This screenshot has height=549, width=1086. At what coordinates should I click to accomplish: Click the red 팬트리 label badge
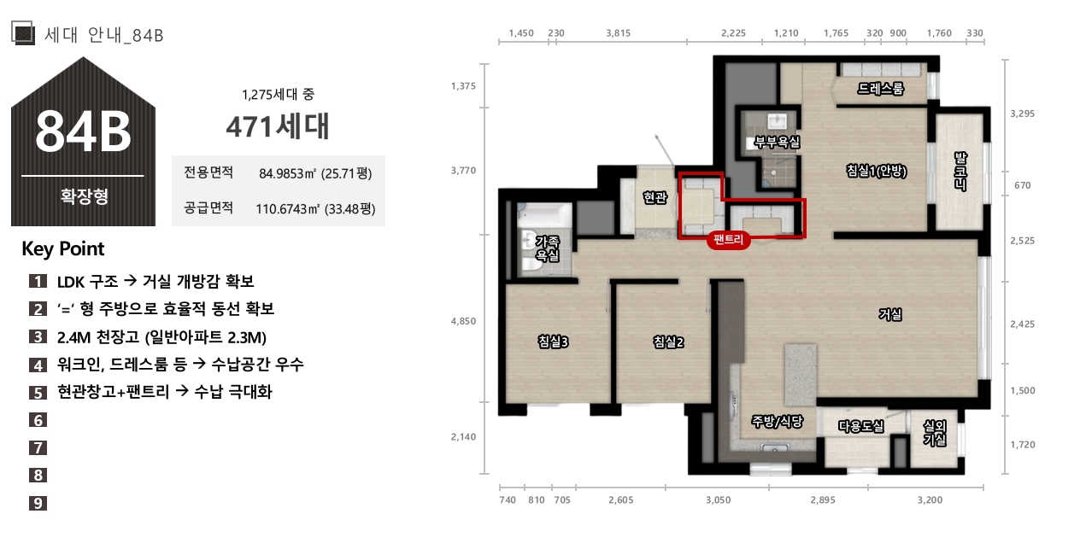(x=728, y=240)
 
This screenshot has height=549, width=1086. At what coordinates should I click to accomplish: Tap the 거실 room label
(x=890, y=314)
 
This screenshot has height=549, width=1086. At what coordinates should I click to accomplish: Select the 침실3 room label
(x=553, y=342)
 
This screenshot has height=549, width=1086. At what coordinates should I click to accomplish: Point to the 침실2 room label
(x=668, y=342)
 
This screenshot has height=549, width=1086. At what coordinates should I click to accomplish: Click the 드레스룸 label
(x=880, y=88)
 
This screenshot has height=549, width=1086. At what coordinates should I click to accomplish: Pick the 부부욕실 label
(x=778, y=142)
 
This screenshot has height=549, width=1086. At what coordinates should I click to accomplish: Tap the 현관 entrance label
(x=655, y=197)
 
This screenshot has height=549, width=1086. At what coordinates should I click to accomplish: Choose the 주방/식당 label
(x=778, y=422)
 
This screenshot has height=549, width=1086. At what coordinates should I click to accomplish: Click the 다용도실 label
(x=861, y=426)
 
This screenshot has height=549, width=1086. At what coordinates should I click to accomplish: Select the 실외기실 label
(x=935, y=433)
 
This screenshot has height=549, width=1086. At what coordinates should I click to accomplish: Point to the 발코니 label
(x=960, y=171)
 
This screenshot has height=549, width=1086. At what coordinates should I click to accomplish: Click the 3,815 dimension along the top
(x=618, y=33)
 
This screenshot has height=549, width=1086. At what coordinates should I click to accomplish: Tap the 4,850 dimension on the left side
(x=463, y=321)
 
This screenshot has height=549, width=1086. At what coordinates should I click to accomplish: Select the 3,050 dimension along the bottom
(x=718, y=499)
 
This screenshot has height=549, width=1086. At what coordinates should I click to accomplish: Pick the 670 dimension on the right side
(x=1023, y=185)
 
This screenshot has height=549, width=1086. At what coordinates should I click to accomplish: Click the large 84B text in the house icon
(x=83, y=131)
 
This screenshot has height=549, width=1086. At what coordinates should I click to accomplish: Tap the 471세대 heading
(x=278, y=126)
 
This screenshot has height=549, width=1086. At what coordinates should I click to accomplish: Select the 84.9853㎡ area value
(x=287, y=173)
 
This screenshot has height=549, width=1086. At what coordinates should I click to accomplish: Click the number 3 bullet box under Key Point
(x=38, y=336)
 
